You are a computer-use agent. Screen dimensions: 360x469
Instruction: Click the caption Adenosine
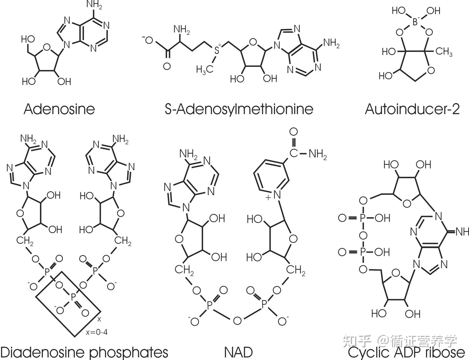[x=59, y=109]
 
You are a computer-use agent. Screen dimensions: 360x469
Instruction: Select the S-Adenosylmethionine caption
[x=239, y=109]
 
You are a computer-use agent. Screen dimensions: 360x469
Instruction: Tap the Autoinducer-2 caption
[x=412, y=109]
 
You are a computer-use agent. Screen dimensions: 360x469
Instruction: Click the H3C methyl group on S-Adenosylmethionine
[x=205, y=69]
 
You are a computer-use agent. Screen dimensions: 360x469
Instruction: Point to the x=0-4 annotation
[x=97, y=332]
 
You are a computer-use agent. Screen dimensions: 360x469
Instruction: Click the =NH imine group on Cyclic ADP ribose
[x=461, y=232]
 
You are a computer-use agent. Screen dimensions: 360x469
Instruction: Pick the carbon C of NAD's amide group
[x=294, y=153]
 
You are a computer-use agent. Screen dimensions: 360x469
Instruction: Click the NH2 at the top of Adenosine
[x=95, y=6]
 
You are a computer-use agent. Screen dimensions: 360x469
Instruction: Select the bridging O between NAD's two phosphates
[x=237, y=321]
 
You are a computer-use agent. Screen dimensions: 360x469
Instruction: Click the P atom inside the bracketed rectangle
[x=73, y=297]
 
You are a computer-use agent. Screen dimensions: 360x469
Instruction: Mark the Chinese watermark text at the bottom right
[x=401, y=341]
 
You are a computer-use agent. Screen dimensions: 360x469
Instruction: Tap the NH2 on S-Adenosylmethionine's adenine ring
[x=331, y=43]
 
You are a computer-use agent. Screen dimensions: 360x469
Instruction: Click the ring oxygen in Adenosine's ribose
[x=47, y=48]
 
